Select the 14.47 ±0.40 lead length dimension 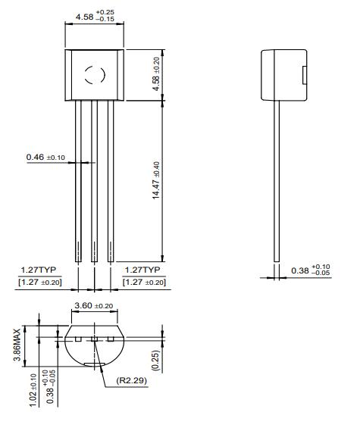click(x=156, y=180)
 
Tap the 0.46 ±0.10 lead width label click(x=45, y=158)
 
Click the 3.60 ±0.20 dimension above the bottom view click(x=92, y=306)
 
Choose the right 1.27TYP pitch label click(x=142, y=270)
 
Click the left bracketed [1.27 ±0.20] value click(x=40, y=283)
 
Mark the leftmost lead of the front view click(x=78, y=182)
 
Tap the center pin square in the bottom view click(x=95, y=338)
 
